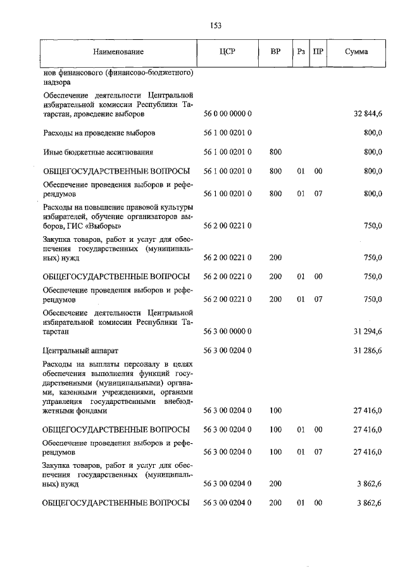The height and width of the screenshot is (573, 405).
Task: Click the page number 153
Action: [x=215, y=25]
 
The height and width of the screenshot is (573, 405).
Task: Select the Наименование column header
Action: [x=118, y=51]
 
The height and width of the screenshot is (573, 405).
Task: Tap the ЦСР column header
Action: [x=228, y=51]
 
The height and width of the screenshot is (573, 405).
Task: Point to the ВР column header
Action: [x=275, y=51]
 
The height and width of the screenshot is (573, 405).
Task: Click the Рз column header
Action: [x=301, y=51]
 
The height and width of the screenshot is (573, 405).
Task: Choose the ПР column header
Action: [x=319, y=51]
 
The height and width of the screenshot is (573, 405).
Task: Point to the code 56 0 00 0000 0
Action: [x=228, y=115]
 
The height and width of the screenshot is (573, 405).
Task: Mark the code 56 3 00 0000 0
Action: [x=228, y=331]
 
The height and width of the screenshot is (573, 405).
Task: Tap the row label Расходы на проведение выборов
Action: [x=99, y=134]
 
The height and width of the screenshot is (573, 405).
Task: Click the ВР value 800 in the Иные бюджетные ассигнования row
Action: [x=275, y=152]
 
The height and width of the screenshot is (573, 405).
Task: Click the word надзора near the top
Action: [x=57, y=82]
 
